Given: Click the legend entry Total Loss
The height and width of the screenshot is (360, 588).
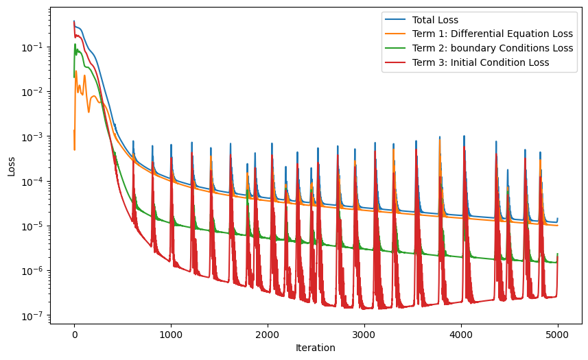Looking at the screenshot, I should pos(438,20).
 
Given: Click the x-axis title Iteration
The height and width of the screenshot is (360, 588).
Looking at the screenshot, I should pos(316,348).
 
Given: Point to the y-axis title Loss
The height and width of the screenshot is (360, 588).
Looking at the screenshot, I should pos(12,166).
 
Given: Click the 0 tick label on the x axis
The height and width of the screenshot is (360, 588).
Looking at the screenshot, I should pos(74,334).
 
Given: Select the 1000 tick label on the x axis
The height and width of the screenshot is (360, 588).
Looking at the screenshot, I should pos(171,334).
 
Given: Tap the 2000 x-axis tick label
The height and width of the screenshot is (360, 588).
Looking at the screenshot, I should pos(268,334).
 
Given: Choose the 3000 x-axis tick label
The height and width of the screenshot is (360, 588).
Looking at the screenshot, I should pos(364,334).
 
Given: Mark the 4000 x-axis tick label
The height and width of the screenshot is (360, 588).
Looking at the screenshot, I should pos(461,334).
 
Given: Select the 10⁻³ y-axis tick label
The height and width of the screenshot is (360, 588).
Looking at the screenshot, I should pos(35,137).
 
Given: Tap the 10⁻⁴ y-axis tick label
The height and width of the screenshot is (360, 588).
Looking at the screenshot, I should pos(35,182).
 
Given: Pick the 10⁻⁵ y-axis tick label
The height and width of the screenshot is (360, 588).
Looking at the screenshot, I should pos(35,226).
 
